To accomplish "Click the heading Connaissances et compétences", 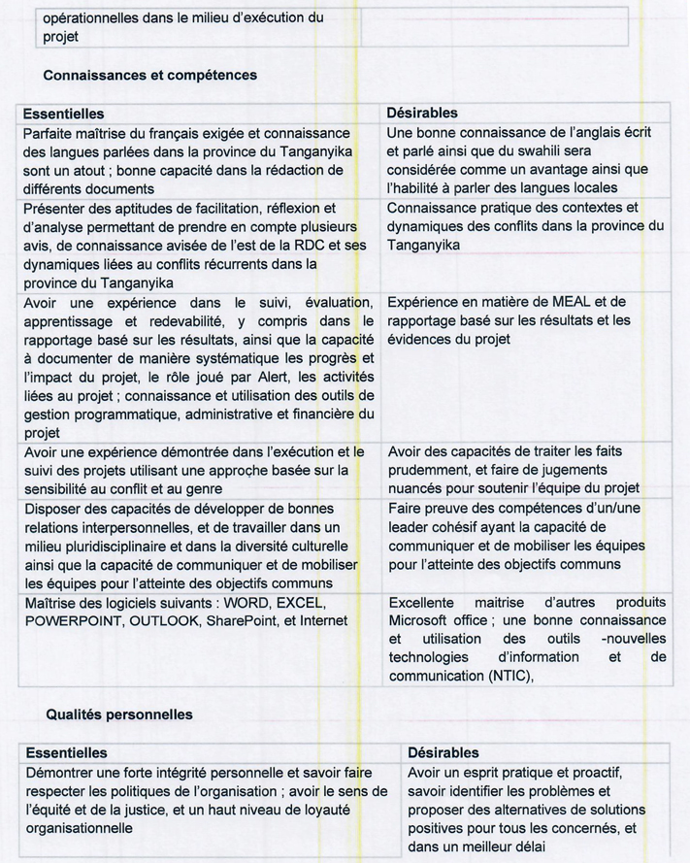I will click(150, 75).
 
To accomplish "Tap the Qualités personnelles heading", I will click(119, 714).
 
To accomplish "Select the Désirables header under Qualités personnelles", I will click(443, 753).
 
